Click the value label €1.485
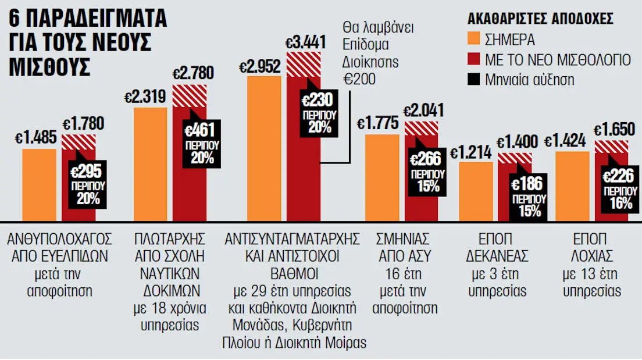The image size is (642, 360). [x=35, y=138]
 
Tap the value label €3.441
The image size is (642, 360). [x=305, y=42]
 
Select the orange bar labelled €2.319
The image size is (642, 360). [x=150, y=164]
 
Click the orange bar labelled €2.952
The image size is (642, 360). [x=264, y=149]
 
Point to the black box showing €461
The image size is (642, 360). [x=202, y=144]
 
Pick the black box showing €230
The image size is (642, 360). [x=319, y=113]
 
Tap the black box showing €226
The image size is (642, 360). [x=620, y=189]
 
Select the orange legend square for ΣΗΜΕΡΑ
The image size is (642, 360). [x=473, y=38]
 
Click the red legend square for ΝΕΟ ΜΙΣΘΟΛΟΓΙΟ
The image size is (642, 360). [x=473, y=59]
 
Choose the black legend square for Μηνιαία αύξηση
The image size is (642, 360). [x=473, y=79]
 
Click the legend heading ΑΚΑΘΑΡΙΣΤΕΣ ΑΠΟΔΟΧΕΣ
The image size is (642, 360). [x=540, y=19]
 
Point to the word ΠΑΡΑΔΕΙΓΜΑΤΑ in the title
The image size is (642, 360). [x=98, y=18]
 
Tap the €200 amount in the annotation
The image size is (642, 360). [x=359, y=79]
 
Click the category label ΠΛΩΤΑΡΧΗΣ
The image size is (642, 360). [x=169, y=238]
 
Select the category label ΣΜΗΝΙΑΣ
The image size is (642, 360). [x=402, y=238]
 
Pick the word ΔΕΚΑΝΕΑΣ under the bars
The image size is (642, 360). [x=497, y=256]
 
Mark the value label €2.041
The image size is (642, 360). [x=423, y=111]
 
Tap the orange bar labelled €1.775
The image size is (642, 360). [x=382, y=178]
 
